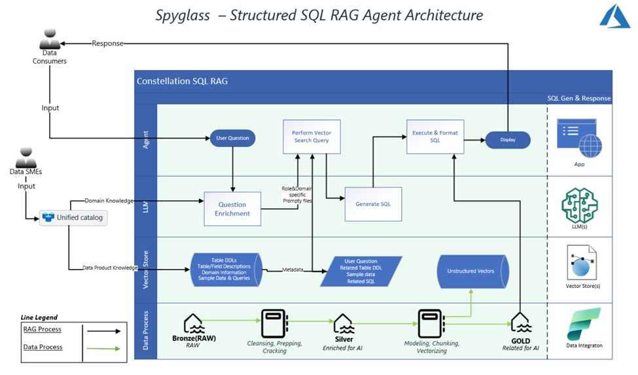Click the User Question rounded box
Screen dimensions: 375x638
[232, 139]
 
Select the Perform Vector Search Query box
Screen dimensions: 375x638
[311, 136]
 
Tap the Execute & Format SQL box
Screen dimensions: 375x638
[434, 136]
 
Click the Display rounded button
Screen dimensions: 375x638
[507, 139]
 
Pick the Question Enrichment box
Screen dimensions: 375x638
[232, 208]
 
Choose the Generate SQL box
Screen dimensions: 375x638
[372, 204]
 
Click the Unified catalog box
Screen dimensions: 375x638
[73, 217]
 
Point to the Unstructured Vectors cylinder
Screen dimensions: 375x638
[470, 271]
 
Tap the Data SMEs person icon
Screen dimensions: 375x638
[26, 158]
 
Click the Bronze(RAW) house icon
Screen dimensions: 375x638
[193, 323]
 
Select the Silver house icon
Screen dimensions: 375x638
[344, 323]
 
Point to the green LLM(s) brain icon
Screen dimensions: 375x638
[579, 204]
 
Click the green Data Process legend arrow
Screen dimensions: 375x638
[104, 349]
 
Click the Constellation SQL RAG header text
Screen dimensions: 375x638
[182, 81]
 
